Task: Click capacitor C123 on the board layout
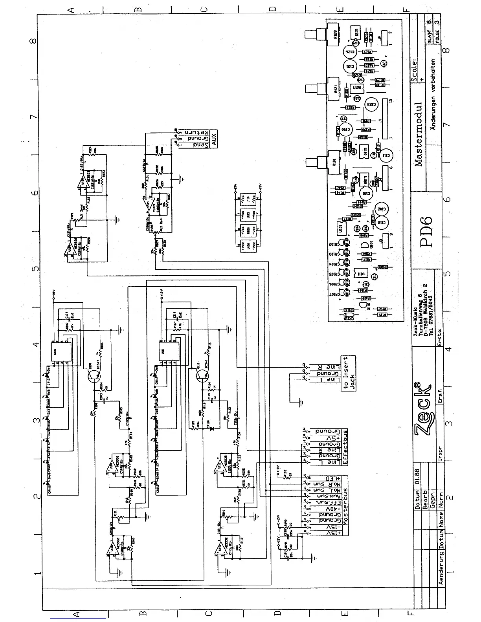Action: tap(371, 104)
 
